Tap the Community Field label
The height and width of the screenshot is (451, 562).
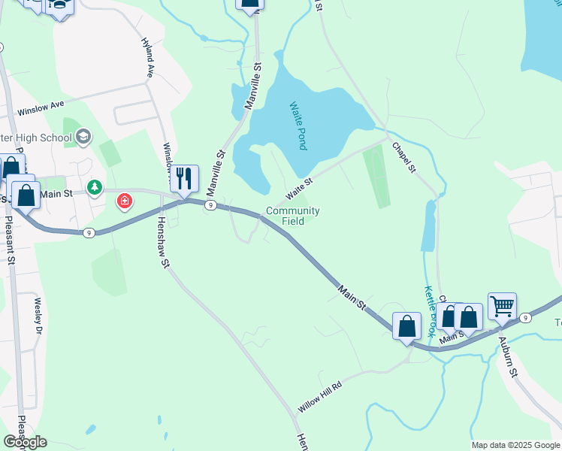click(x=293, y=216)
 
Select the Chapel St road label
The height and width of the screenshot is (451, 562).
click(x=402, y=155)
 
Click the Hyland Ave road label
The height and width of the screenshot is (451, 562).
click(x=148, y=57)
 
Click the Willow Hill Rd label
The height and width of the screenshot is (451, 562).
click(x=319, y=395)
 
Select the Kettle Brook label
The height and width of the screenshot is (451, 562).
click(x=430, y=310)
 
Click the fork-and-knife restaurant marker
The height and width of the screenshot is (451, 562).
click(x=184, y=178)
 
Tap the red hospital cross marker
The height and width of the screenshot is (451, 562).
click(x=124, y=201)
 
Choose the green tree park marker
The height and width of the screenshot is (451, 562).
click(x=95, y=186)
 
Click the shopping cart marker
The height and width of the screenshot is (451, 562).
click(x=502, y=305)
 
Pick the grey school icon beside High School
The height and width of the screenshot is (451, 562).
click(x=83, y=137)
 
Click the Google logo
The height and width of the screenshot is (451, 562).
click(x=25, y=442)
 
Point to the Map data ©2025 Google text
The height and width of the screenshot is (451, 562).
click(x=515, y=445)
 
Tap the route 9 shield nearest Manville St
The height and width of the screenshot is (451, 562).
click(x=211, y=204)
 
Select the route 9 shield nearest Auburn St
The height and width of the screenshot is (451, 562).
click(x=526, y=318)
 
